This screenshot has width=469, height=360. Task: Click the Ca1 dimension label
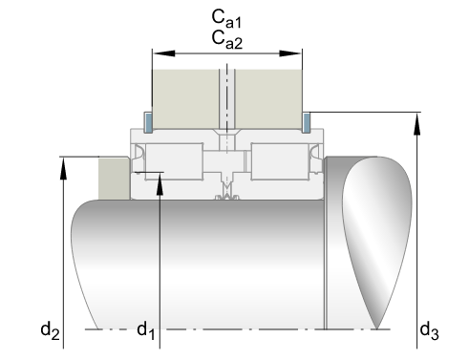point(226,18)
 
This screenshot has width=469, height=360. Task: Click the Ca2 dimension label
point(227,40)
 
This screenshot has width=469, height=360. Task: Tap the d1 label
point(146,330)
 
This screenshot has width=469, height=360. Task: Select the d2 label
point(50,330)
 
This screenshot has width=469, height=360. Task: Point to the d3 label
point(430,330)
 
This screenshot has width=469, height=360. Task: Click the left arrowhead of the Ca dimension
point(164,53)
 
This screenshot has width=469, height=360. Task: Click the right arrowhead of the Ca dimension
point(290,53)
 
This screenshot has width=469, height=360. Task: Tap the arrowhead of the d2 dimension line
point(64,168)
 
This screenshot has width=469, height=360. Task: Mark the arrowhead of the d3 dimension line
point(417,124)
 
